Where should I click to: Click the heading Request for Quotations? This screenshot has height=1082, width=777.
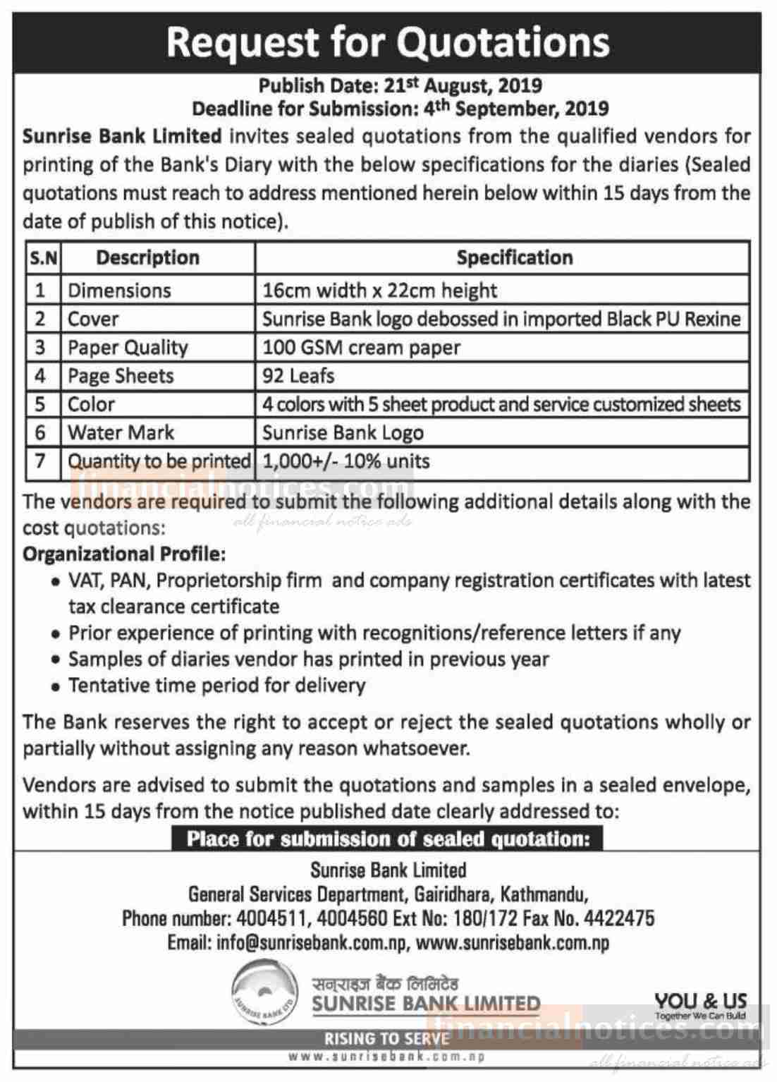point(388,42)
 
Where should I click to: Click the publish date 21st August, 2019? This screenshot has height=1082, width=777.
point(463,85)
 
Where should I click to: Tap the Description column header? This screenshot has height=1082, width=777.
point(147,257)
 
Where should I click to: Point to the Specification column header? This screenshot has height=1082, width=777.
point(514,257)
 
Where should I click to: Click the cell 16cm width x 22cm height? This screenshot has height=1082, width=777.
point(379,291)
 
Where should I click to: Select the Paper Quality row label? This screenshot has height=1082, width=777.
point(128,347)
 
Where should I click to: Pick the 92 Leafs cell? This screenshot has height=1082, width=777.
point(298,375)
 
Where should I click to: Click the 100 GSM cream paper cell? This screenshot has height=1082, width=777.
point(361,347)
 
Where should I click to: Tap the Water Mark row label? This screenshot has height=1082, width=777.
point(121,432)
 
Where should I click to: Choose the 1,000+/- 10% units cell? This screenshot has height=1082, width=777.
point(345,461)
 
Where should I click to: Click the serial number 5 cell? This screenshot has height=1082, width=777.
point(40,404)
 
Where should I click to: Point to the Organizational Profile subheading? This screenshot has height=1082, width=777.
point(124,554)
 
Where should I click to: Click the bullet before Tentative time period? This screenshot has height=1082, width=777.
point(55,687)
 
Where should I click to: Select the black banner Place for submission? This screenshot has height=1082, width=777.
point(388,839)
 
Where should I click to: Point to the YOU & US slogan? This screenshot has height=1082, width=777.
point(700,1001)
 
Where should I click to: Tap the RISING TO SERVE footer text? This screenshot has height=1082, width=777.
point(386,1038)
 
